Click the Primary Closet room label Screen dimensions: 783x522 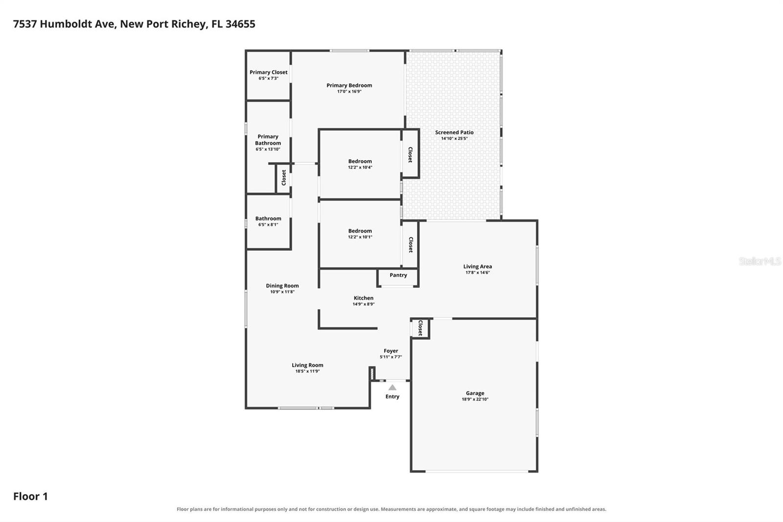point(269,72)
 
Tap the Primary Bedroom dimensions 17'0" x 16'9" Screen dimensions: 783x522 point(349,91)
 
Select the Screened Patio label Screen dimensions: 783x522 point(454,132)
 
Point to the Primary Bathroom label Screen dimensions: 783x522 point(268,140)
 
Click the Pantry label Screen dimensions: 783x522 point(398,275)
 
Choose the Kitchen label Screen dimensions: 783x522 point(364,298)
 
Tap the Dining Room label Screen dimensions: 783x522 point(282,285)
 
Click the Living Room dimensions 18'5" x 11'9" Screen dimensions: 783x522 point(308,371)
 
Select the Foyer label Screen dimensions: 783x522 point(391,351)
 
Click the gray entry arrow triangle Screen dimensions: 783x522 point(392,387)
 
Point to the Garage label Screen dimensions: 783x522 point(475,393)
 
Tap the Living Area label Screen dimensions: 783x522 point(478,266)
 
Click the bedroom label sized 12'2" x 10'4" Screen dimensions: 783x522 point(360,161)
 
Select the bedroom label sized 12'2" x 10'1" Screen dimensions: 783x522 point(360,231)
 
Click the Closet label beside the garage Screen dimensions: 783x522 point(420,328)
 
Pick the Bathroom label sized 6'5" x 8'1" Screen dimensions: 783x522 point(268,218)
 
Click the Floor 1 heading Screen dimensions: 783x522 point(30,496)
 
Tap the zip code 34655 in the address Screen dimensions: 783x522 point(240,24)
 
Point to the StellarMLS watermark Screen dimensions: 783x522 point(760,261)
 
